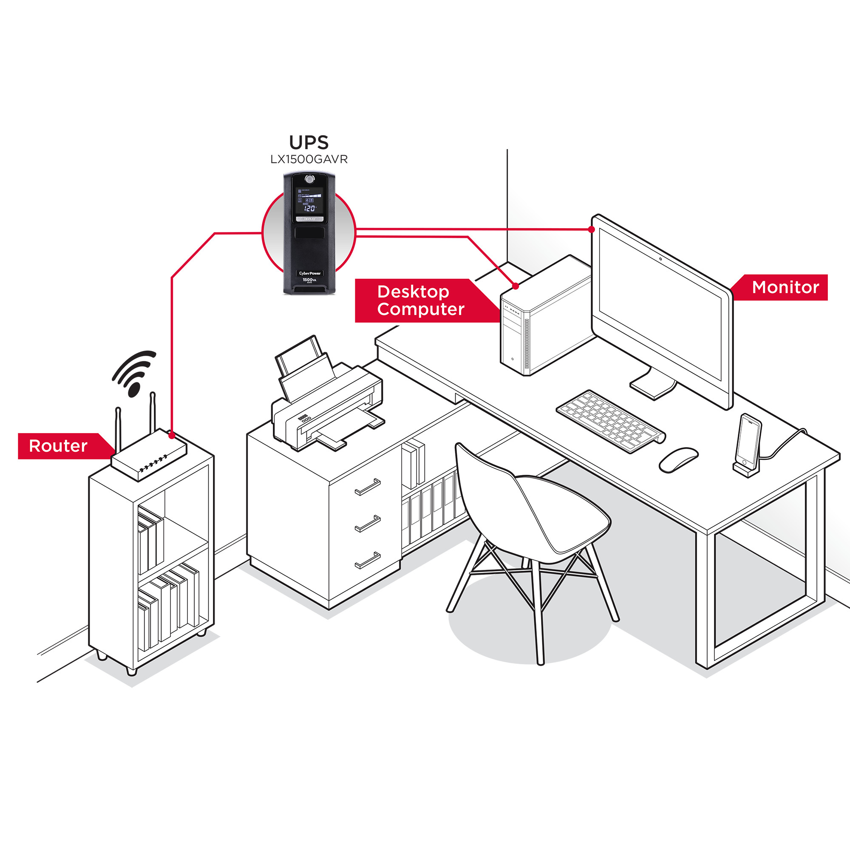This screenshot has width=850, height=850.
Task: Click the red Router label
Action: click(x=59, y=446)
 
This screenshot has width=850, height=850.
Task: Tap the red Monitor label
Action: click(x=785, y=287)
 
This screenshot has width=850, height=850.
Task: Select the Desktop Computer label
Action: click(x=420, y=300)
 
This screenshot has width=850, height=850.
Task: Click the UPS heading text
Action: click(x=309, y=142)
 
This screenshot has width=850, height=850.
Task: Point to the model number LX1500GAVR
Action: click(x=309, y=159)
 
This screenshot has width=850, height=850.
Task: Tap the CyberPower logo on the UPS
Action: click(x=310, y=273)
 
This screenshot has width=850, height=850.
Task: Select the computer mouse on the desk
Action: click(x=678, y=459)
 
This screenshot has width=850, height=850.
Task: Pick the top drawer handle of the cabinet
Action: click(x=367, y=487)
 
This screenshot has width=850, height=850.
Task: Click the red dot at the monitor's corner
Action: click(x=592, y=229)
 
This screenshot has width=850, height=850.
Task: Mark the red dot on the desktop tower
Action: click(x=516, y=286)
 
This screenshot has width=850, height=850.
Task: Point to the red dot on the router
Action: click(x=172, y=435)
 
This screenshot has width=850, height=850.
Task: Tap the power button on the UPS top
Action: click(x=309, y=179)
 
